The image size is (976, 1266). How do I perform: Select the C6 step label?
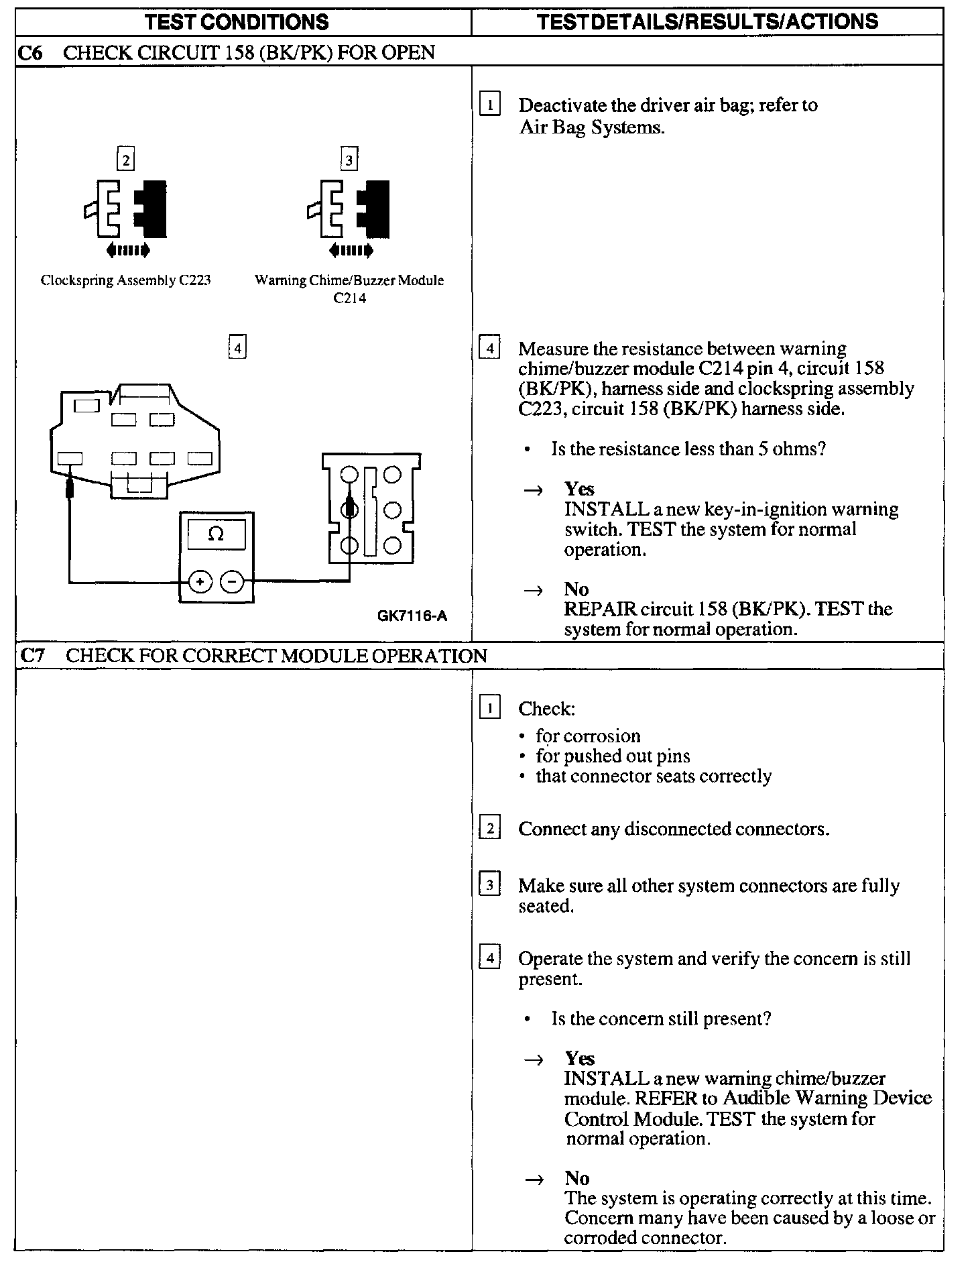point(29,52)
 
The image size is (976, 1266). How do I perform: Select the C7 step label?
point(32,656)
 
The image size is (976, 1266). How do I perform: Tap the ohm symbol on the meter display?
point(216,534)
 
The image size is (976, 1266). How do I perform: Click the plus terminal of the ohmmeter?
point(200,582)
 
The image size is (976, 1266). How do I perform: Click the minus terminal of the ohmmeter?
point(232,582)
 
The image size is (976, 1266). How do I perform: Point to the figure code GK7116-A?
point(412,615)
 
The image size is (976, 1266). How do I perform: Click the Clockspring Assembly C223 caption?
point(126,280)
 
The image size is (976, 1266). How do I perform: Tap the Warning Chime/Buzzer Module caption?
point(349,281)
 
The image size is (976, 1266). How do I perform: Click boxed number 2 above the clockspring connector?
point(125,160)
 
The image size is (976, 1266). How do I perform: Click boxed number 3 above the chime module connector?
point(349,160)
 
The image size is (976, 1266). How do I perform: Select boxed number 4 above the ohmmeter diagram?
point(237,348)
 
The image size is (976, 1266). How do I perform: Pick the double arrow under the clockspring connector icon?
point(127,251)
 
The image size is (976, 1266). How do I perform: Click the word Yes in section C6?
point(579,489)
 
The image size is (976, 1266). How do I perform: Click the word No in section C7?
point(576,1178)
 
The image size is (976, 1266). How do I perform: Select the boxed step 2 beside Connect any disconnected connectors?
point(490,829)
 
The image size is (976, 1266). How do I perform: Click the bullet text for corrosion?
point(588,736)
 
